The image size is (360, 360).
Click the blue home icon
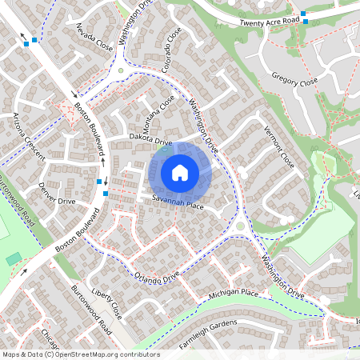click(180, 172)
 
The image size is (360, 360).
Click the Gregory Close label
click(294, 81)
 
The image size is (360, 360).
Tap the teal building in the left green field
click(14, 258)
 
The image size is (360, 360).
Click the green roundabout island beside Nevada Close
click(121, 70)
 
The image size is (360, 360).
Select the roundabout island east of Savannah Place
click(240, 226)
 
